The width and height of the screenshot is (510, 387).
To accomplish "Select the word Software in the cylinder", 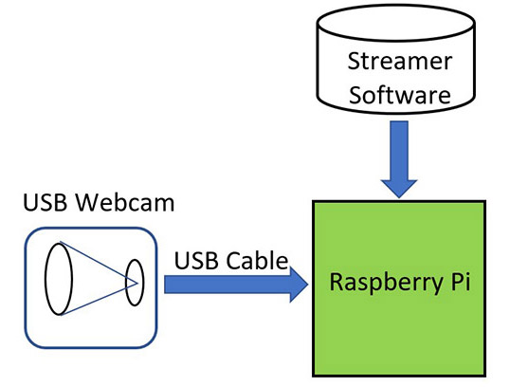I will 396,96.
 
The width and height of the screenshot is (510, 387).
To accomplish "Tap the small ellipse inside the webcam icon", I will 134,282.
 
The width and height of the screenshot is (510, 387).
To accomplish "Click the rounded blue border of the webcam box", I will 26,285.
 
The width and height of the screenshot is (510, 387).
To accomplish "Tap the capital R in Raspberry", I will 336,283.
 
